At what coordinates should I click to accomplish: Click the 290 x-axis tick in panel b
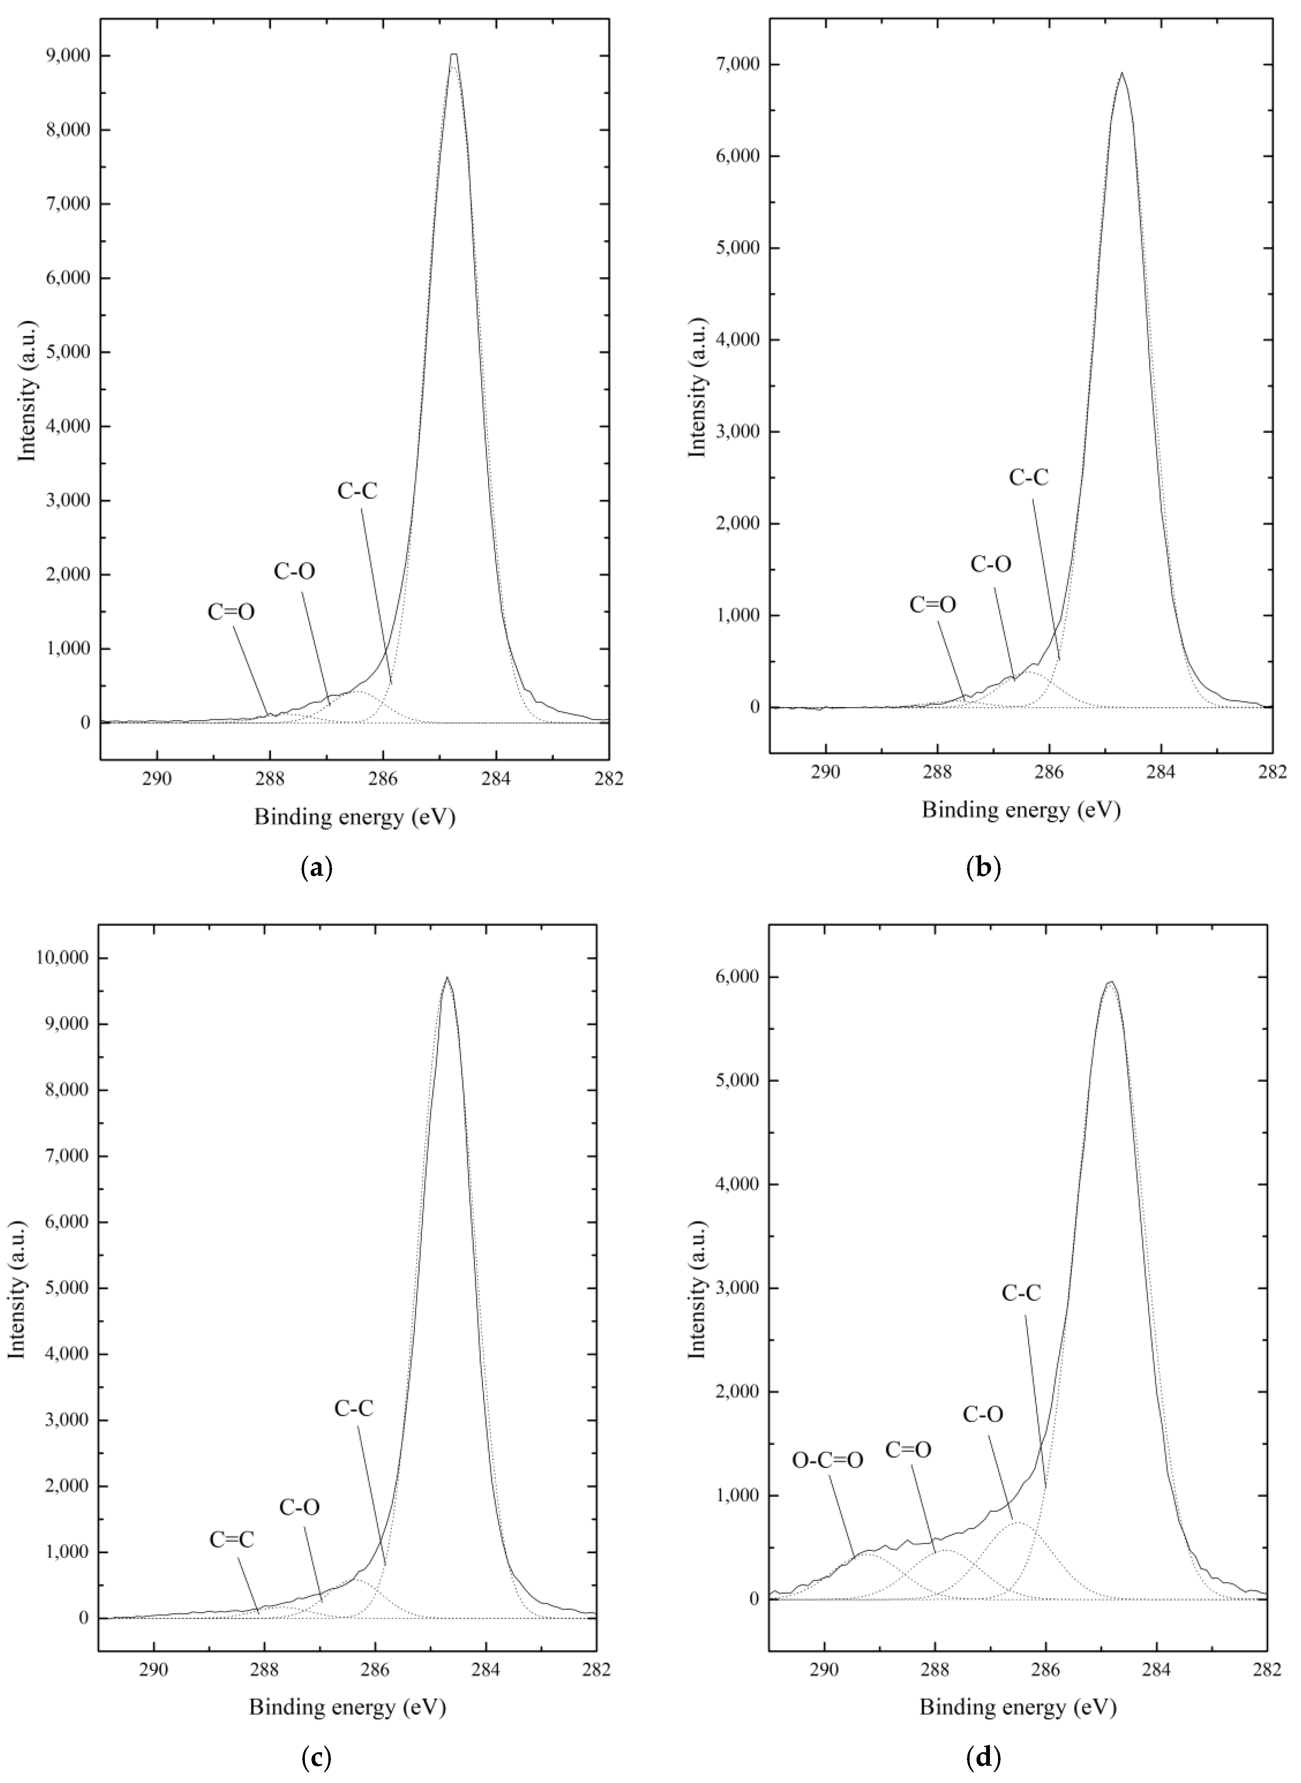pyautogui.click(x=825, y=771)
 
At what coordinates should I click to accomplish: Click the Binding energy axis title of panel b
pyautogui.click(x=1021, y=810)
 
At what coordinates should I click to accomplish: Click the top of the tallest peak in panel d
pyautogui.click(x=1111, y=982)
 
